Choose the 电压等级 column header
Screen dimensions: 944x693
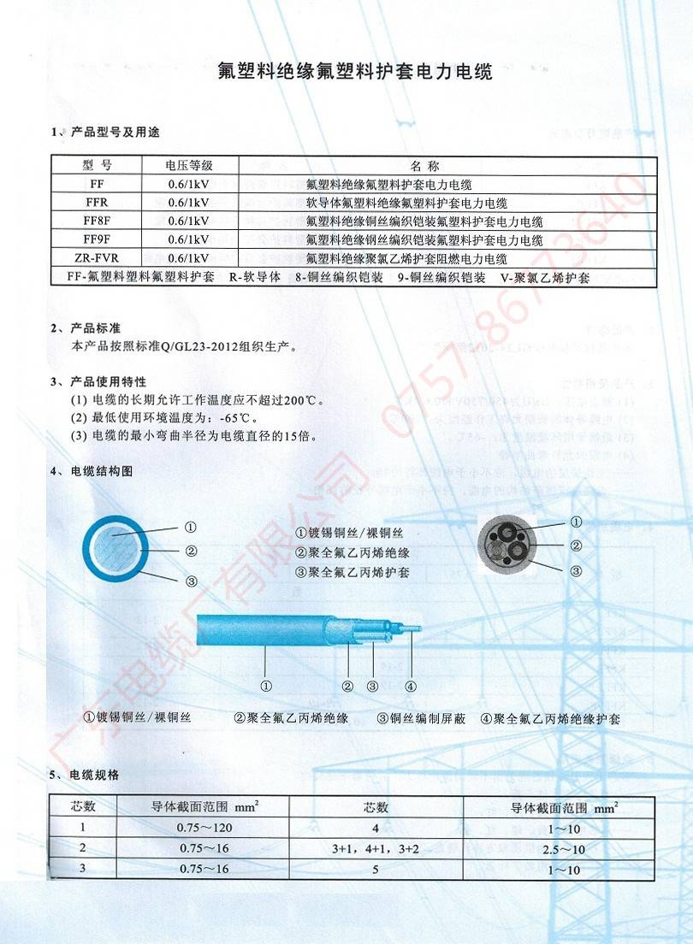pos(189,165)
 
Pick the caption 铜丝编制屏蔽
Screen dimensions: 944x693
pos(428,719)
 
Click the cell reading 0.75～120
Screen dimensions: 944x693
pos(204,828)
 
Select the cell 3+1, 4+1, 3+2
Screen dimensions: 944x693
pos(376,849)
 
